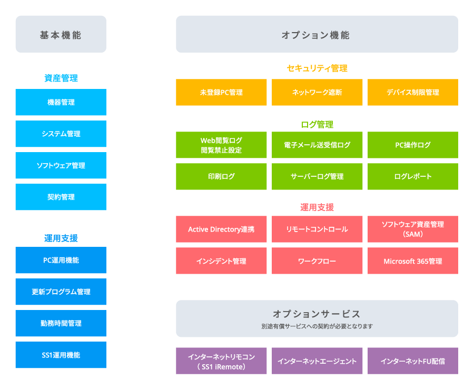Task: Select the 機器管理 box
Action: [x=61, y=102]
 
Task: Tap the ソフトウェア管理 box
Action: [x=61, y=165]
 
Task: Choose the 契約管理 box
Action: [x=61, y=197]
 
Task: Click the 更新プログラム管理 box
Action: [x=61, y=292]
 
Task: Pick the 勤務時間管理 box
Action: [x=61, y=323]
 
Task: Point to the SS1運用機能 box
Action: [x=61, y=355]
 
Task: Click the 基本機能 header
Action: [x=61, y=35]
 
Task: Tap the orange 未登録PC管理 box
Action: [x=221, y=92]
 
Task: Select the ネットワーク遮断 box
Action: [x=317, y=92]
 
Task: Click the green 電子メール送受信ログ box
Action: [x=317, y=145]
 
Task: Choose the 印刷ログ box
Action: [x=221, y=176]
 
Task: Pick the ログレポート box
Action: [x=413, y=176]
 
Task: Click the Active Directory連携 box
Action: [x=221, y=229]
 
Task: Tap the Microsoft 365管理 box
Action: [x=413, y=261]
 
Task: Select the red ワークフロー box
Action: [x=317, y=261]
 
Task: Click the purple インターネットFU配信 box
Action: [x=413, y=361]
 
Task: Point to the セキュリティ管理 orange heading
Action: [x=317, y=68]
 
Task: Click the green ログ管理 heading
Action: [x=317, y=125]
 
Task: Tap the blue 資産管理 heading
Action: [x=61, y=78]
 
